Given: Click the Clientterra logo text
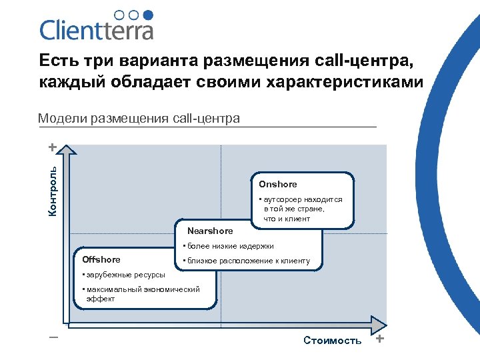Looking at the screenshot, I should [x=97, y=30].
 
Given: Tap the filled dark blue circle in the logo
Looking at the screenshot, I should [x=149, y=14].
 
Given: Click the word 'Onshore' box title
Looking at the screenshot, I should [x=278, y=184].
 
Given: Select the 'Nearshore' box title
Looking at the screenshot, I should [x=211, y=231].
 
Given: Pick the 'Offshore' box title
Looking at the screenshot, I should [x=101, y=259].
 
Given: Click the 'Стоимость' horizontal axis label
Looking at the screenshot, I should [x=332, y=341].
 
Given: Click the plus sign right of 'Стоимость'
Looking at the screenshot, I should [x=380, y=339].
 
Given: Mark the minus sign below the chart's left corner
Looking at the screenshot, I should [x=53, y=337].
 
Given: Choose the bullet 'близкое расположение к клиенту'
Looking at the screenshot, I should [x=245, y=261].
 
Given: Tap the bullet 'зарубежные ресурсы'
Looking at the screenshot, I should [x=113, y=275].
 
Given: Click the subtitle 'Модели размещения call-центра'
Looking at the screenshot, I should [x=139, y=119].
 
